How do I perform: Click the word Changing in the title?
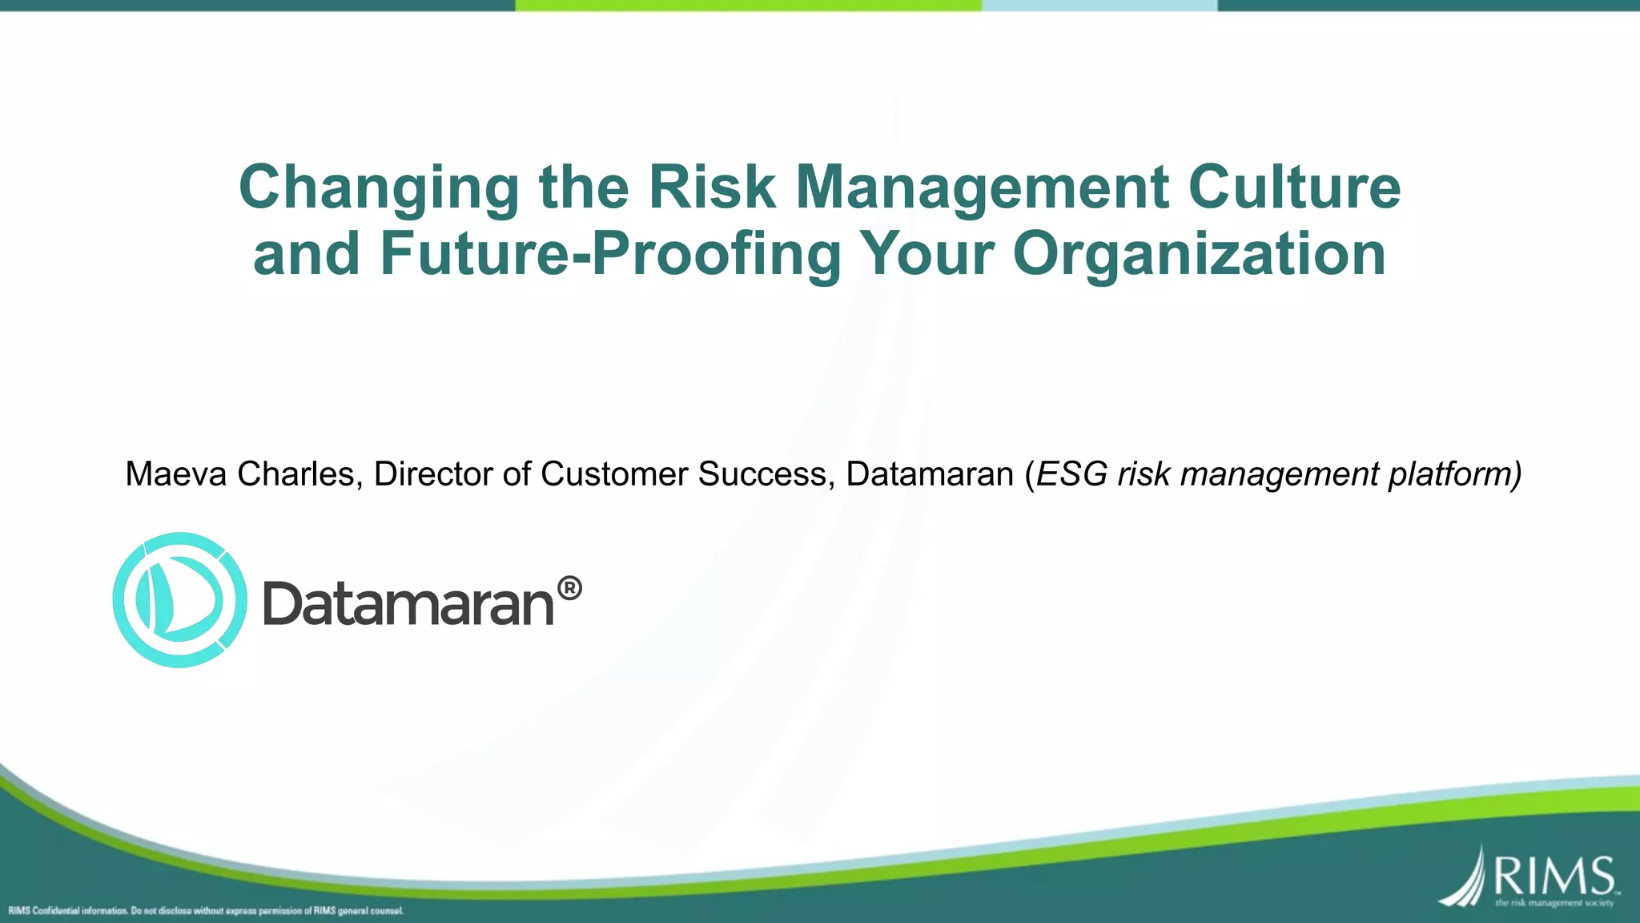(x=379, y=187)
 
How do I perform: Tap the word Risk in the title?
(x=712, y=187)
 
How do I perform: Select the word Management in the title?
(x=983, y=187)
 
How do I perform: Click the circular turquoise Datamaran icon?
(x=179, y=599)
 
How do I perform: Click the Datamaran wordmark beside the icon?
(x=408, y=604)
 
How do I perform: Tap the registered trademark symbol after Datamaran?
(x=569, y=589)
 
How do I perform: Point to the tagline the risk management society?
(x=1554, y=904)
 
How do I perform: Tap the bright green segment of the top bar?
(x=748, y=5)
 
